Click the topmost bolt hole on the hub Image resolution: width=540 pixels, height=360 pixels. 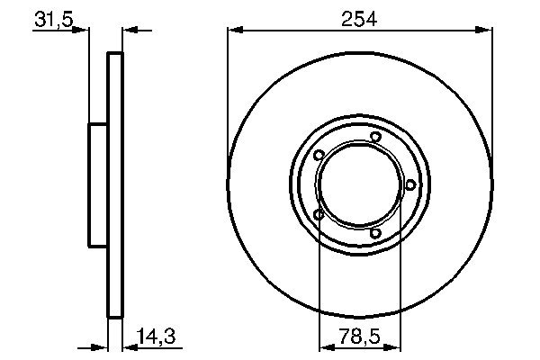(375, 137)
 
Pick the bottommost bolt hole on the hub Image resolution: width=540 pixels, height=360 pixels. (375, 235)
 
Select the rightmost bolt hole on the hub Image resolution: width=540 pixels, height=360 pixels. (410, 184)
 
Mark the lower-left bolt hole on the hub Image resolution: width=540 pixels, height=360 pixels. (319, 214)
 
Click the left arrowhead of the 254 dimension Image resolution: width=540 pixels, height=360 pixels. (234, 30)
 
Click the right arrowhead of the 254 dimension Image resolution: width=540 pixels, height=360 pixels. (486, 30)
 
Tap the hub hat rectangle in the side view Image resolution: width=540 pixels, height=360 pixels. (97, 184)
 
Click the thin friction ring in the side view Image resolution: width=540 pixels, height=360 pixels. (114, 184)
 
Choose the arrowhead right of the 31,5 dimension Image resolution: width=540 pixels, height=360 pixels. (128, 30)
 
